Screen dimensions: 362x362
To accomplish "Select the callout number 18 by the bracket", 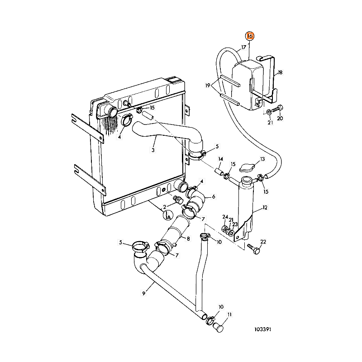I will point(280,72).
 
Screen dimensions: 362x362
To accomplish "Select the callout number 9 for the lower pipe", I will point(143,293).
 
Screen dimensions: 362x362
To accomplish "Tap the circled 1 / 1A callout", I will point(167,215).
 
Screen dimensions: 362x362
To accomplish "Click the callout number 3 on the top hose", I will point(153,150).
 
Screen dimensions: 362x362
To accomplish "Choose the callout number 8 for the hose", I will point(188,238).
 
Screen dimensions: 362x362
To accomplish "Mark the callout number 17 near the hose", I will point(243,47).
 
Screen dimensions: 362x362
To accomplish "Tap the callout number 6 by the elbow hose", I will point(213,196).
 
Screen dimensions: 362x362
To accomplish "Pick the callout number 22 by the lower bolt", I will point(263,243).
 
